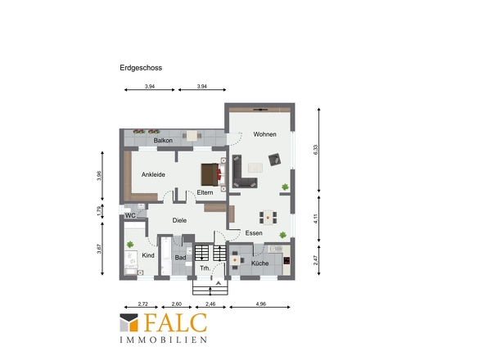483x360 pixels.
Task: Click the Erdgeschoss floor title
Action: point(141,68)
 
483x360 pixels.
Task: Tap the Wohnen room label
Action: point(264,134)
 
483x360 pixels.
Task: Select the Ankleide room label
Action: point(153,174)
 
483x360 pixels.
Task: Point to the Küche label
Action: point(260,263)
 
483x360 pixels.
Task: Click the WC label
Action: point(130,215)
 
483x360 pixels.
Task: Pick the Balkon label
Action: point(163,141)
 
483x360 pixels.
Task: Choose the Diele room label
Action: point(179,220)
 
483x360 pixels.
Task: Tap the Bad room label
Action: point(180,258)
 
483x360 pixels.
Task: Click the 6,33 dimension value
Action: point(315,150)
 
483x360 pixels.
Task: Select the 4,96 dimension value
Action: point(260,304)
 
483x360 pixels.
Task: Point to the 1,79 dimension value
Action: point(98,211)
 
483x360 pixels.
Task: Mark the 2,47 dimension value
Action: point(315,260)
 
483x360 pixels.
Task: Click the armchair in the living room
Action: point(274,160)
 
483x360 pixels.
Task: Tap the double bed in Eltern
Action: point(211,174)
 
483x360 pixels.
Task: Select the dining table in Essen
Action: point(268,217)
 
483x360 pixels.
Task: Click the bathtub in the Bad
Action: point(166,255)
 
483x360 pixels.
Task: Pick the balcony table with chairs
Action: point(192,136)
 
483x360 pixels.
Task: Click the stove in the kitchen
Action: point(287,260)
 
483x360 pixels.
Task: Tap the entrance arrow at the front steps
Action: point(218,283)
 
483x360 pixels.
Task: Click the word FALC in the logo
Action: point(175,322)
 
